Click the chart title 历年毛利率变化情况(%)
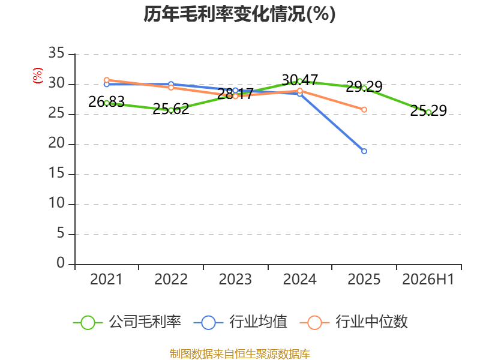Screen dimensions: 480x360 click(239, 14)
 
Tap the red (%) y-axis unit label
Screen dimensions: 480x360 click(38, 76)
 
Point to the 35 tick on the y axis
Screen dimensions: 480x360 click(56, 53)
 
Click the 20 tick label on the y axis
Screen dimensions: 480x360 click(56, 143)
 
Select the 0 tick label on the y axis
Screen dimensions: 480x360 click(61, 263)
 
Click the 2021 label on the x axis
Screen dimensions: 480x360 click(106, 279)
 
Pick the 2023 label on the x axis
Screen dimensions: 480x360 click(235, 279)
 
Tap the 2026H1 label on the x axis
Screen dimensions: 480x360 click(428, 279)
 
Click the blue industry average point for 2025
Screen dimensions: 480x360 click(364, 151)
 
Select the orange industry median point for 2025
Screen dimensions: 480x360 click(364, 110)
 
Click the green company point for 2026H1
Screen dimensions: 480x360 click(428, 112)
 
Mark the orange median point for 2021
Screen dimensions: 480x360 click(107, 80)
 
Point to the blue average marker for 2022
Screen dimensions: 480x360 click(171, 84)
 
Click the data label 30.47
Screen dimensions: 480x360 click(299, 80)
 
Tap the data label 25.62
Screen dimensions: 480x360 click(171, 109)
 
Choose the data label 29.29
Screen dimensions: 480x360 click(364, 86)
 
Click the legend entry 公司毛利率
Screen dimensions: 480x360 click(127, 322)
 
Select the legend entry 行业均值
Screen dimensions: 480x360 click(241, 322)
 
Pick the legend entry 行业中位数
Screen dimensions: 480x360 click(353, 322)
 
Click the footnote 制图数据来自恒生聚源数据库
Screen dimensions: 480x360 click(239, 353)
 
